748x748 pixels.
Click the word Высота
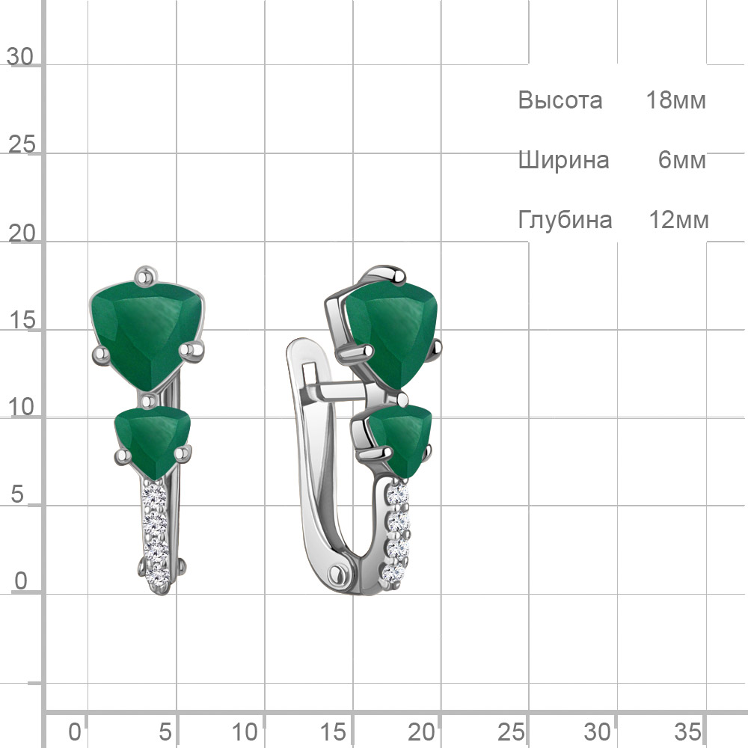(x=560, y=100)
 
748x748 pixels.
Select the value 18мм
(x=675, y=100)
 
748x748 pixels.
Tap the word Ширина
(x=563, y=160)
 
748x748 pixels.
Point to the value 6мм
(x=681, y=160)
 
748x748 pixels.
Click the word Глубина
(x=565, y=220)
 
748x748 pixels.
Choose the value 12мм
(x=679, y=220)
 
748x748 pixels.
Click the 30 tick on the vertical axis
(x=20, y=57)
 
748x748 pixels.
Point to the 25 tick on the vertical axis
(x=22, y=144)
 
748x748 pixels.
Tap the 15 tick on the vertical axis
(x=22, y=320)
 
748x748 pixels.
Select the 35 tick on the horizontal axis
(x=687, y=732)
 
